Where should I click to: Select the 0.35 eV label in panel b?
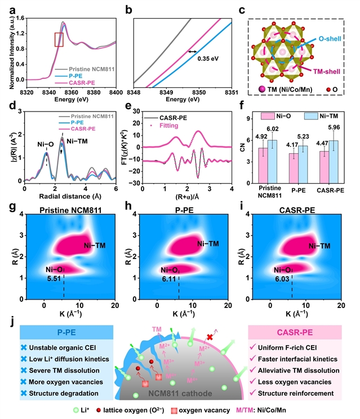208,58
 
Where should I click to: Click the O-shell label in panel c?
330,39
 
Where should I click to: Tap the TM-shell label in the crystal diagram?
327,72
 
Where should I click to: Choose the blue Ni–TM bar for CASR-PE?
334,162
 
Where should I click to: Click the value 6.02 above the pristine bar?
272,129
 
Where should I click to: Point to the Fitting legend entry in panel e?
169,126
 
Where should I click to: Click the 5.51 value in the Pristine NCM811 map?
54,279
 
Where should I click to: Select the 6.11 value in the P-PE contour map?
169,279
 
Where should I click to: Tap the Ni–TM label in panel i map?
319,246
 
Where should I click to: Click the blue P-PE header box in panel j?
66,332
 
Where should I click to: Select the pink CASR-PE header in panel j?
295,332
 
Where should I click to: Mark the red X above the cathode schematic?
210,337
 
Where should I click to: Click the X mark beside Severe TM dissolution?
24,371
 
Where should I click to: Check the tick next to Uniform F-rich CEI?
252,347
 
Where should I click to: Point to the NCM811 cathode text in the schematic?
180,393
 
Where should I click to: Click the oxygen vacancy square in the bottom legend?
174,411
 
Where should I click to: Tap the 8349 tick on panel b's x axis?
166,92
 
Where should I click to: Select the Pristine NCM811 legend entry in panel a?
92,69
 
